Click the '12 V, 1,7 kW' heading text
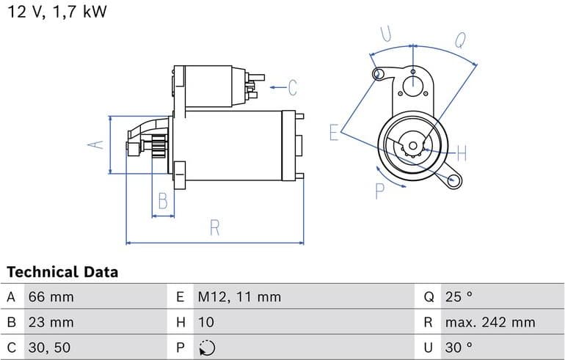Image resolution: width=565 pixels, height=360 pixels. point(57,12)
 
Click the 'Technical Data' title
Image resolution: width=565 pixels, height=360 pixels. point(62,272)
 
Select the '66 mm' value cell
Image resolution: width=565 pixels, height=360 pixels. point(51,297)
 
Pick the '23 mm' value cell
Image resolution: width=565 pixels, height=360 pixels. point(51,322)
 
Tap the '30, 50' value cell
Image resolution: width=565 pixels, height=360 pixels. point(49,347)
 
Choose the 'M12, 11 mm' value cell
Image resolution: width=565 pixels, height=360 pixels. point(239,297)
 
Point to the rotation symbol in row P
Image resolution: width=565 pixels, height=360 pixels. point(207,347)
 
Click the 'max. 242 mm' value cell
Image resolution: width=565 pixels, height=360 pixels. point(489,322)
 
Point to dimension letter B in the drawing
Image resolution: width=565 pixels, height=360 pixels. point(163,201)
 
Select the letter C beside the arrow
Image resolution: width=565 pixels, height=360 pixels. point(292,88)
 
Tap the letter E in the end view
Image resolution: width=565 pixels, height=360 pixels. point(334,132)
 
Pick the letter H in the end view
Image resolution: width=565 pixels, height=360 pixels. point(462,153)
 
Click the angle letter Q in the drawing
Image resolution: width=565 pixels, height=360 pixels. point(460,40)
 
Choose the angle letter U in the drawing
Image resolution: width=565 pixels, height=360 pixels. point(385,34)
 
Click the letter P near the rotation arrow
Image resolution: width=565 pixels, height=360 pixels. point(379,191)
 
